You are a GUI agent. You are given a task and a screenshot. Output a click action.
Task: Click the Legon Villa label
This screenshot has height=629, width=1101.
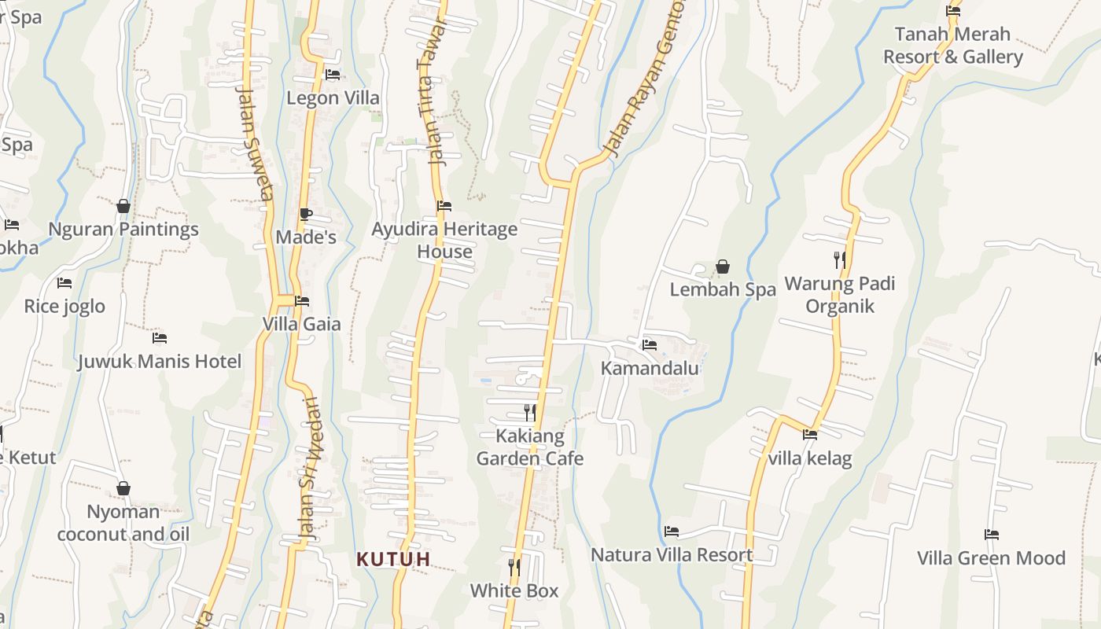pos(333,98)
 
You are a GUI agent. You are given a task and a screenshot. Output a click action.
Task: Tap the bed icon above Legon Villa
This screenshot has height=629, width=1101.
pos(333,75)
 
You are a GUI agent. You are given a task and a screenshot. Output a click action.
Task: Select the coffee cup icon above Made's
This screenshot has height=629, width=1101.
pos(306,214)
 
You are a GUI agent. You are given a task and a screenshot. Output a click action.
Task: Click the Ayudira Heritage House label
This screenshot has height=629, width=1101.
pos(444,241)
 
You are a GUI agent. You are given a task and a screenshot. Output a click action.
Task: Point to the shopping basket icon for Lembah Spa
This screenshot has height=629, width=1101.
pos(722,267)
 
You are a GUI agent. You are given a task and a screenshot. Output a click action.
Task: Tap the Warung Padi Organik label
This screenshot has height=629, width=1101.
pos(840,295)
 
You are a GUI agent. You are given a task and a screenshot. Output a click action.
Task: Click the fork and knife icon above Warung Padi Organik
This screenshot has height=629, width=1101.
pos(840,259)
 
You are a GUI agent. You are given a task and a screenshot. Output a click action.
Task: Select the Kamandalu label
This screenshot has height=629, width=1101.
pos(650,368)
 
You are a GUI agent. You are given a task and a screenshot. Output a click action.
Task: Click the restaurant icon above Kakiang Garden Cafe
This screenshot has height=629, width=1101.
pos(530,412)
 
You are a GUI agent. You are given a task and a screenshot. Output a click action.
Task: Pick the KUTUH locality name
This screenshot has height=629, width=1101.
pos(393,559)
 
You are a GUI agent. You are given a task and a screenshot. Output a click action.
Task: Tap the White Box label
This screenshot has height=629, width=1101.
pos(514,591)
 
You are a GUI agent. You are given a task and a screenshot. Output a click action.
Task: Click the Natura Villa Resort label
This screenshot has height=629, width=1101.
pos(672,555)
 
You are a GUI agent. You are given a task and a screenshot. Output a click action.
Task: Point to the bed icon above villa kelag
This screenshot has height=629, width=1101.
pos(810,434)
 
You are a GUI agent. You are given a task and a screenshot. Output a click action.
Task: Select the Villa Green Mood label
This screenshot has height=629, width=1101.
pos(991,558)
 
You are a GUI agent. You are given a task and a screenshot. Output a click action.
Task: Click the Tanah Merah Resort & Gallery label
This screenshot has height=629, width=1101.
pos(952,46)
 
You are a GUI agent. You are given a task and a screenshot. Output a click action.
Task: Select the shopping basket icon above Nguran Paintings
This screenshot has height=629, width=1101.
pos(123,206)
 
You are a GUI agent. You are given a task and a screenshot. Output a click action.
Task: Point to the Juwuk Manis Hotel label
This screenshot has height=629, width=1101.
pos(160,362)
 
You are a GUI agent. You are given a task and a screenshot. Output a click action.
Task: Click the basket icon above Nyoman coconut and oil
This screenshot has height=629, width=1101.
pos(123,488)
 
